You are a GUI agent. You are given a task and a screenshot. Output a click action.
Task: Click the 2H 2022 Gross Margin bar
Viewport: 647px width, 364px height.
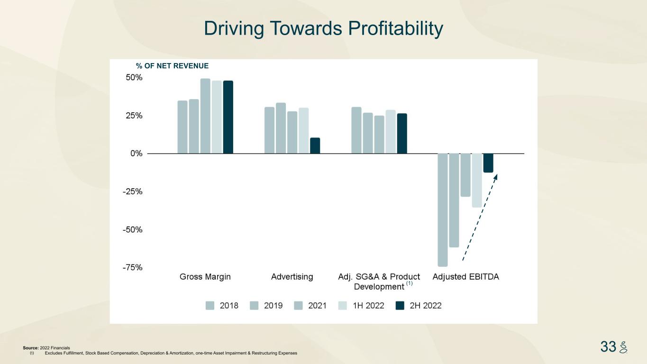pyautogui.click(x=228, y=117)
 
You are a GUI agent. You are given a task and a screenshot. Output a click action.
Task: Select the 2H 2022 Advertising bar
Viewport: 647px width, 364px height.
pyautogui.click(x=315, y=146)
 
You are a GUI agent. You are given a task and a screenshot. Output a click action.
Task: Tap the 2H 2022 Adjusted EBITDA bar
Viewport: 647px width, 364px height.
pyautogui.click(x=488, y=163)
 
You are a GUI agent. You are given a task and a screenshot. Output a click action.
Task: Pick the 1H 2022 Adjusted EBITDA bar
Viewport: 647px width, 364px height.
pyautogui.click(x=477, y=180)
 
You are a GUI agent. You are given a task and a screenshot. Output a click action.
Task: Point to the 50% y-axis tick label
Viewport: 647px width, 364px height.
pyautogui.click(x=133, y=78)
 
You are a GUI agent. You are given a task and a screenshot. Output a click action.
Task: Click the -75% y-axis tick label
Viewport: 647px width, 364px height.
pyautogui.click(x=132, y=267)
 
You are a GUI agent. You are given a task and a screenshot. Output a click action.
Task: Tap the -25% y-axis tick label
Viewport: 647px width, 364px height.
pyautogui.click(x=132, y=191)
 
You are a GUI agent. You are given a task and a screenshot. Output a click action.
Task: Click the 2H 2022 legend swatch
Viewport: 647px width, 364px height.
pyautogui.click(x=400, y=306)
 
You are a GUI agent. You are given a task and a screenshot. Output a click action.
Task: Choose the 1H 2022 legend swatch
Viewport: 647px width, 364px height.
pyautogui.click(x=343, y=306)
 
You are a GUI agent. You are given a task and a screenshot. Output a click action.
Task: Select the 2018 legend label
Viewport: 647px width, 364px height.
pyautogui.click(x=229, y=306)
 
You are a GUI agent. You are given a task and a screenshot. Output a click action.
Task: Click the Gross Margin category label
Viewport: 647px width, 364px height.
pyautogui.click(x=205, y=277)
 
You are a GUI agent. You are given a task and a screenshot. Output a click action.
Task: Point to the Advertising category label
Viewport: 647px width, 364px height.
pyautogui.click(x=292, y=277)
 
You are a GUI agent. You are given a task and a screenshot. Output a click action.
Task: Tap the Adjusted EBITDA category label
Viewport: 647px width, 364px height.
pyautogui.click(x=465, y=277)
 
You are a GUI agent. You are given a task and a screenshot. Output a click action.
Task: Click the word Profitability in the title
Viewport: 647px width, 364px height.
pyautogui.click(x=396, y=28)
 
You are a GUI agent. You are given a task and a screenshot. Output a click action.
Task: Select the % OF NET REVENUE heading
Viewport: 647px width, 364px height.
pyautogui.click(x=172, y=66)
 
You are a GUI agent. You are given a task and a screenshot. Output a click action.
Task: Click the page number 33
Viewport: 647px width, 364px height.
pyautogui.click(x=608, y=346)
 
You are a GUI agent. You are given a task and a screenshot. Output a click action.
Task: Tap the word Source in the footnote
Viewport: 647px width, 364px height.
pyautogui.click(x=30, y=348)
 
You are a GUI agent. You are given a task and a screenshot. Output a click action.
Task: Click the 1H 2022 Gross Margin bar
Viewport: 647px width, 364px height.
pyautogui.click(x=217, y=117)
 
